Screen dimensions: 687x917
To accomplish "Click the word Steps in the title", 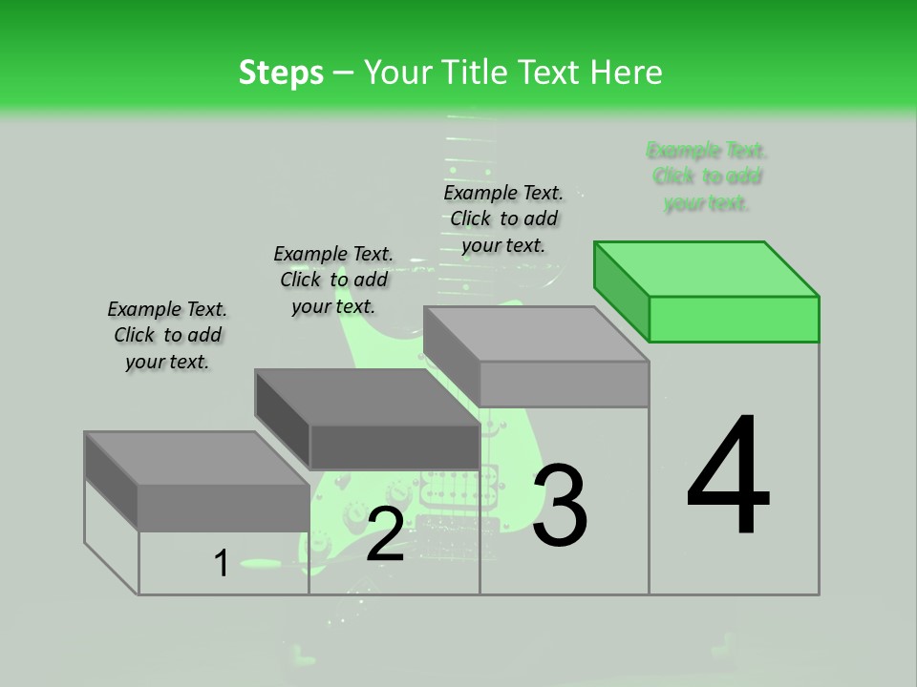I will (x=281, y=73).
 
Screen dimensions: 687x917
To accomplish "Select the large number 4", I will (x=728, y=477).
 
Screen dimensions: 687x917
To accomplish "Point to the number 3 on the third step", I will (x=560, y=506).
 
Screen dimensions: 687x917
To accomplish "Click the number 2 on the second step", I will (x=385, y=534).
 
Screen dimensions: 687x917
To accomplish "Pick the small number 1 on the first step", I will (x=221, y=564).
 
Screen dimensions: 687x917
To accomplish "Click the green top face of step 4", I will (x=707, y=268).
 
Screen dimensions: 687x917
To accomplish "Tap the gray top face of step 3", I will (x=535, y=334).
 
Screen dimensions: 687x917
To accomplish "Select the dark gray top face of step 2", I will (x=367, y=397).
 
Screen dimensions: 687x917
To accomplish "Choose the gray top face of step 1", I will (x=196, y=458).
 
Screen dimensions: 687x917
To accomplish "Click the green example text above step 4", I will (x=707, y=177).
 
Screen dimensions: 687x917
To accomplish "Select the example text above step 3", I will (x=503, y=219).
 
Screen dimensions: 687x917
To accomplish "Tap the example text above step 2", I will (x=333, y=280).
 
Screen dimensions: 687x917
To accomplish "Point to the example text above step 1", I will (x=167, y=335).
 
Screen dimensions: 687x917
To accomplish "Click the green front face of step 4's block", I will (x=734, y=319).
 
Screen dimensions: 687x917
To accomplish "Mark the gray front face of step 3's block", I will (x=564, y=385).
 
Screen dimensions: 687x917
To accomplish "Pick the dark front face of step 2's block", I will (x=395, y=447).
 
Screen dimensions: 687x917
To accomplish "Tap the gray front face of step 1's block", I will (x=224, y=508).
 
